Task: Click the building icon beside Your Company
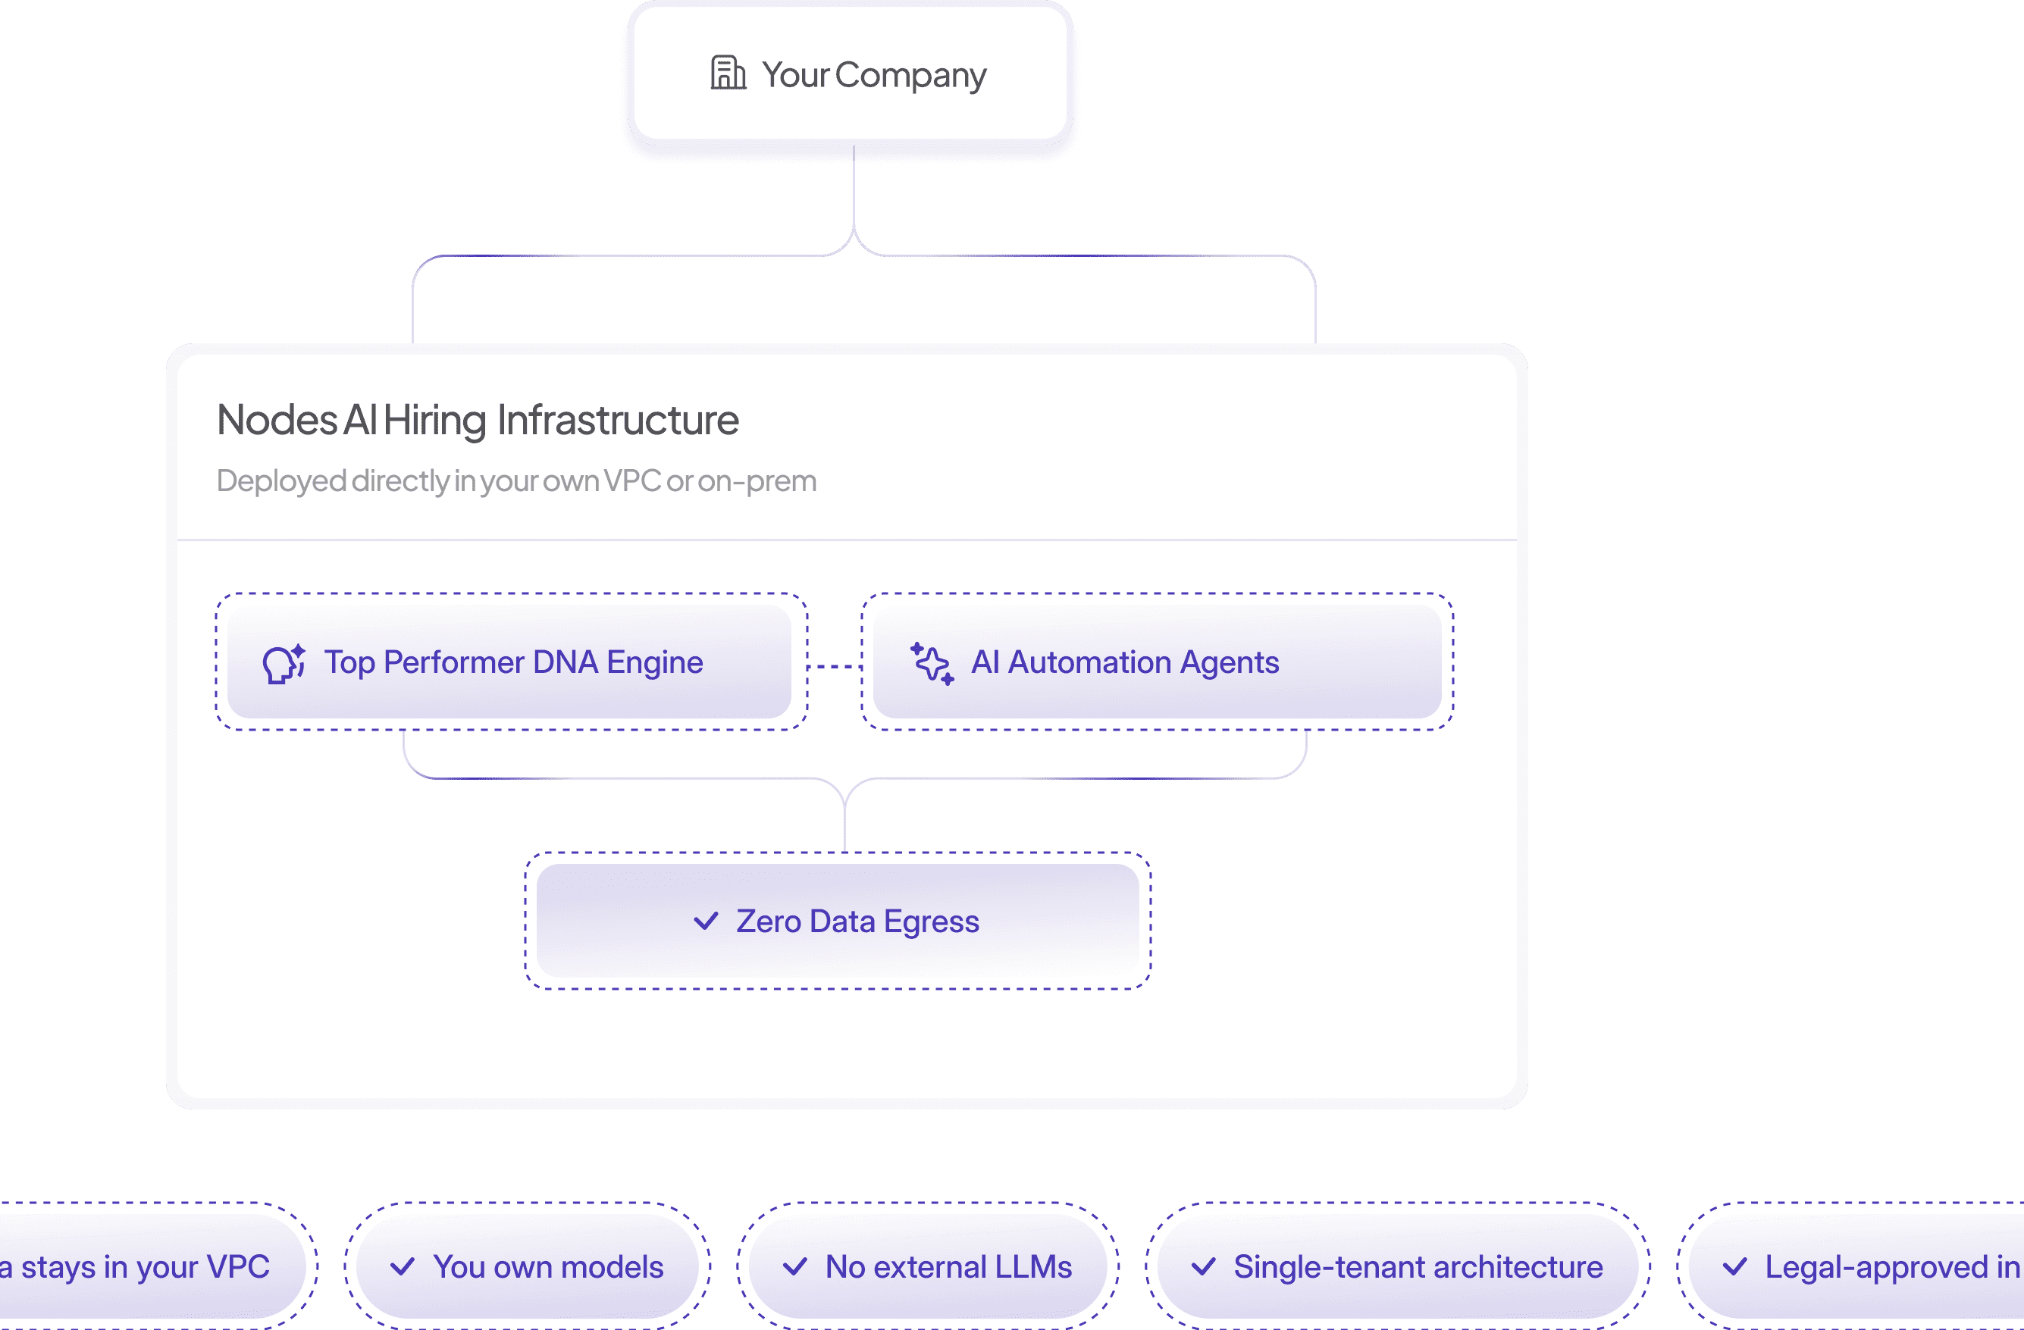(x=728, y=74)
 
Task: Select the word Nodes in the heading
(x=277, y=420)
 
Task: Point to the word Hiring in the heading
(x=434, y=420)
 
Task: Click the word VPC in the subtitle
(x=632, y=481)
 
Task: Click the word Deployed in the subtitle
(x=280, y=481)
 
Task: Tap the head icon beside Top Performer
(x=284, y=663)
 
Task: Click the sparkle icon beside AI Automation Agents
(x=932, y=663)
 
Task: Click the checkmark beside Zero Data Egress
(x=706, y=921)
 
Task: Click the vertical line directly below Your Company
(x=854, y=187)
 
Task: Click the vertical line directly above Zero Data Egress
(x=844, y=825)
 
